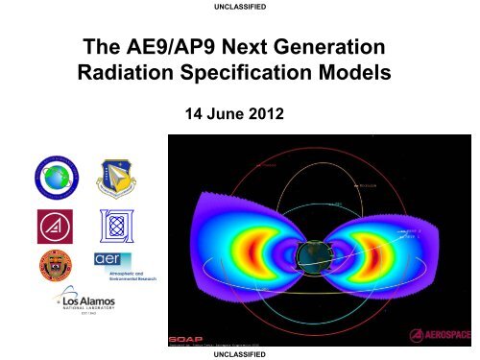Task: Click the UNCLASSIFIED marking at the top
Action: pos(239,7)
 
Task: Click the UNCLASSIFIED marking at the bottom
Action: pos(239,353)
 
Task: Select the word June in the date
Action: pos(228,117)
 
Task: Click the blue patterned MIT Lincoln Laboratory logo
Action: pos(110,226)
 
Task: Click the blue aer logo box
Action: pos(107,260)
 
